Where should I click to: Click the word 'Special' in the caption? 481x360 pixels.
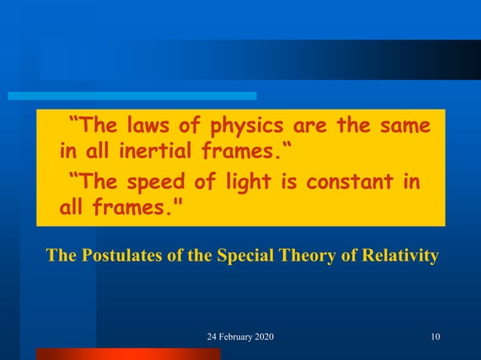click(x=244, y=255)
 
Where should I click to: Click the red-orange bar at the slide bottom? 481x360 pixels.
click(x=128, y=353)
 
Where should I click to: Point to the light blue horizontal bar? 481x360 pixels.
click(x=132, y=96)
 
